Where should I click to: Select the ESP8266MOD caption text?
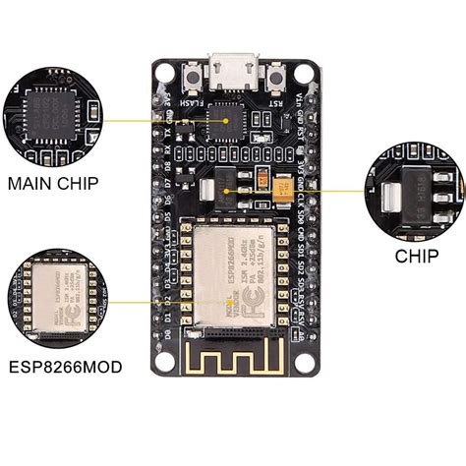(65, 367)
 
